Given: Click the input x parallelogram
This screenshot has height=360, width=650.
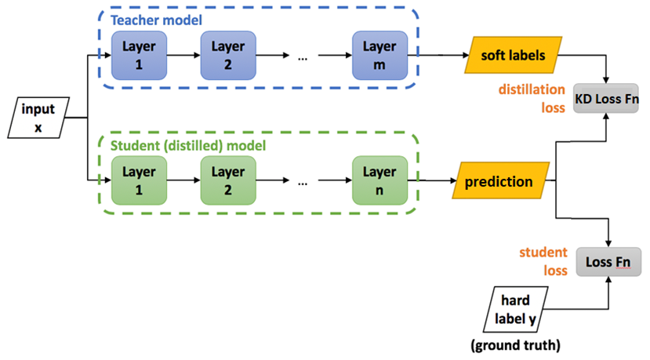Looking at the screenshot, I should point(38,117).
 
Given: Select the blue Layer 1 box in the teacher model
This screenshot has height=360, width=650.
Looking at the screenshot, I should point(138,56).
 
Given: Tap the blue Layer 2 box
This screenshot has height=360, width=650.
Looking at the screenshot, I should point(227,56).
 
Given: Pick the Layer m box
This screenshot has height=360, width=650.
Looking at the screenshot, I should point(379,56).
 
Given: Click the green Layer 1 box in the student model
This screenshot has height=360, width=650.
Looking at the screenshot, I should point(138,181).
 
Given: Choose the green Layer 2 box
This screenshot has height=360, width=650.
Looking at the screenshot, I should point(227,181).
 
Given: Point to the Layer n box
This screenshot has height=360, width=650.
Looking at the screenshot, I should point(379,181).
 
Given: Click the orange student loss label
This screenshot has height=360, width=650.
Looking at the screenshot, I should point(543,260).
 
